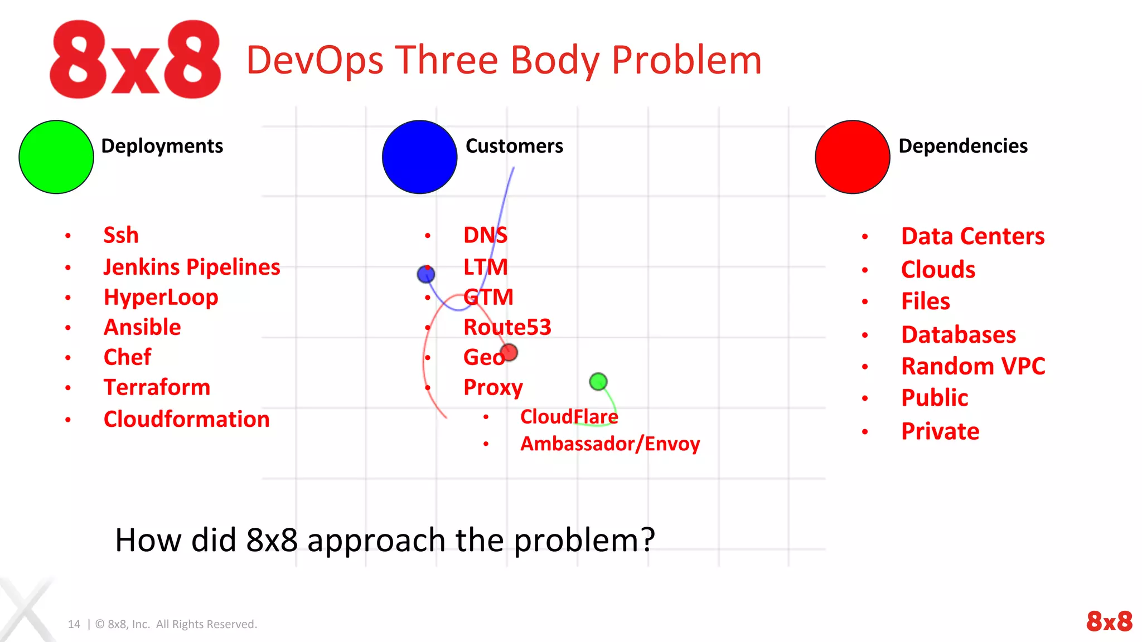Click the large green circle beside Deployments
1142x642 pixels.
[56, 157]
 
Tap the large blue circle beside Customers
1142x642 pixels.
[419, 157]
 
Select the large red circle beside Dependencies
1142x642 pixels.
[852, 157]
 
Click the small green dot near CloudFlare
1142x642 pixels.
[598, 382]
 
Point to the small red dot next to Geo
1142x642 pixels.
[509, 352]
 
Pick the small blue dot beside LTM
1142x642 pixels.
[426, 274]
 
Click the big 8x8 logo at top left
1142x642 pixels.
[136, 60]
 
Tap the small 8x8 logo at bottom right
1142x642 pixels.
[1109, 621]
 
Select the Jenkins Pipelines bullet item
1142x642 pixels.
[191, 267]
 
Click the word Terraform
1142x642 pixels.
[157, 387]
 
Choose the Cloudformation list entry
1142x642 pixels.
[186, 419]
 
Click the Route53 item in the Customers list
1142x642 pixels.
[507, 327]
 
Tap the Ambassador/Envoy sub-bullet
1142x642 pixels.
[609, 444]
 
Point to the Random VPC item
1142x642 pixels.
[973, 366]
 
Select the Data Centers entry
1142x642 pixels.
[972, 236]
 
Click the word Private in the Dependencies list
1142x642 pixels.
[940, 431]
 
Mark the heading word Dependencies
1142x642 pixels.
[962, 146]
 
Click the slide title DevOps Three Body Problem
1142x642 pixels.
[504, 60]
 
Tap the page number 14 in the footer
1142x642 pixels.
[74, 624]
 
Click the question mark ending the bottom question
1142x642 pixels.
[647, 540]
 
